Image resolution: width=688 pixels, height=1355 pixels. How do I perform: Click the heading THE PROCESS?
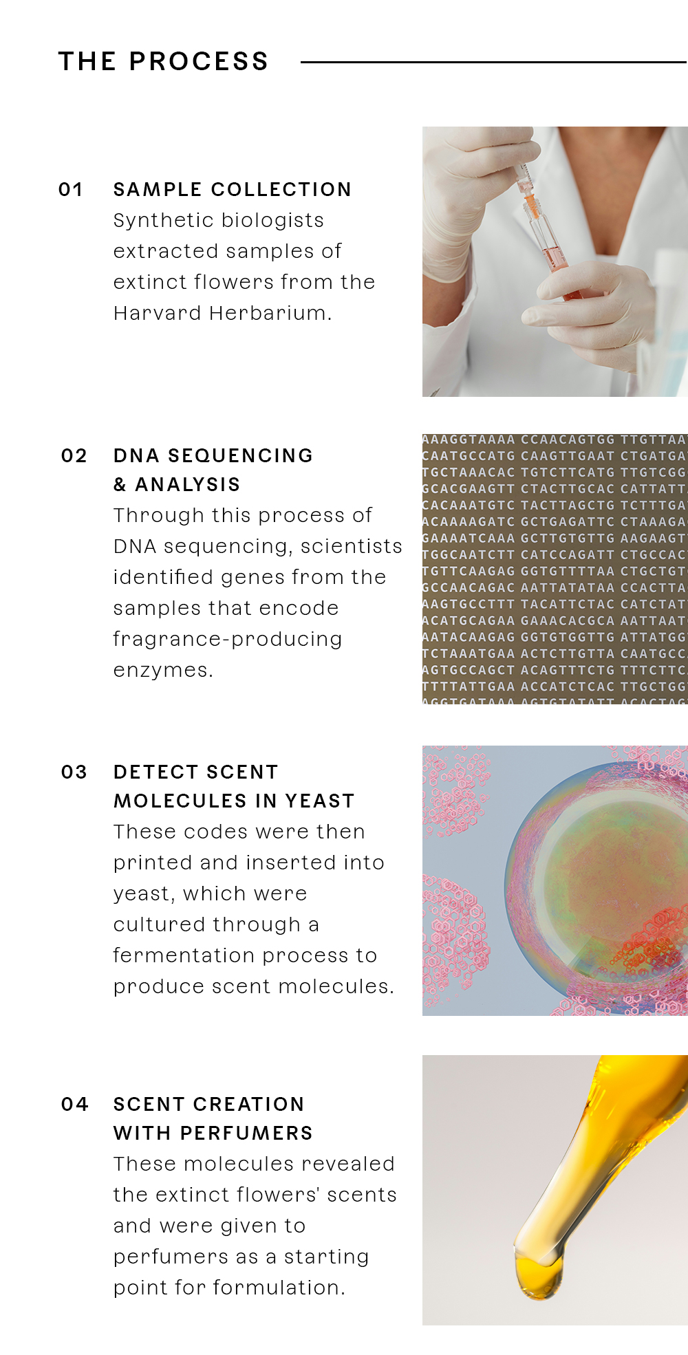pyautogui.click(x=163, y=61)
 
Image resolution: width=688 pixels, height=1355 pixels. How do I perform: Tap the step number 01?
pyautogui.click(x=71, y=189)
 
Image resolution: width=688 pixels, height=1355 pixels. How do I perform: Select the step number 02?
pyautogui.click(x=74, y=455)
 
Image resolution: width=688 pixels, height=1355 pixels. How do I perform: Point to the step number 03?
pyautogui.click(x=74, y=772)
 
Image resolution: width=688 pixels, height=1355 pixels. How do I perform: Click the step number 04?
pyautogui.click(x=74, y=1104)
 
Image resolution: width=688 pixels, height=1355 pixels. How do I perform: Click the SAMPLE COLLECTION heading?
pyautogui.click(x=233, y=189)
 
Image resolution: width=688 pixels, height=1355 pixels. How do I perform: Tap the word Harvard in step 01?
pyautogui.click(x=158, y=313)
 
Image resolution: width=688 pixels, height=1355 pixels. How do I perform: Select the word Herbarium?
pyautogui.click(x=270, y=313)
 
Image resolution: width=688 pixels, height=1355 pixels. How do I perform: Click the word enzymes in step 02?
pyautogui.click(x=163, y=670)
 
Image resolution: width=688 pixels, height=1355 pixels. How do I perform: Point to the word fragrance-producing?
pyautogui.click(x=228, y=640)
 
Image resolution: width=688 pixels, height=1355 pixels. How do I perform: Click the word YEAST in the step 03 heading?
pyautogui.click(x=320, y=801)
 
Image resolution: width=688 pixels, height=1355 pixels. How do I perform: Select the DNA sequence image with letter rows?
pyautogui.click(x=555, y=569)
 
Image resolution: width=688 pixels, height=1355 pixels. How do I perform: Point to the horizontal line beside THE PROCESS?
pyautogui.click(x=494, y=62)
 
